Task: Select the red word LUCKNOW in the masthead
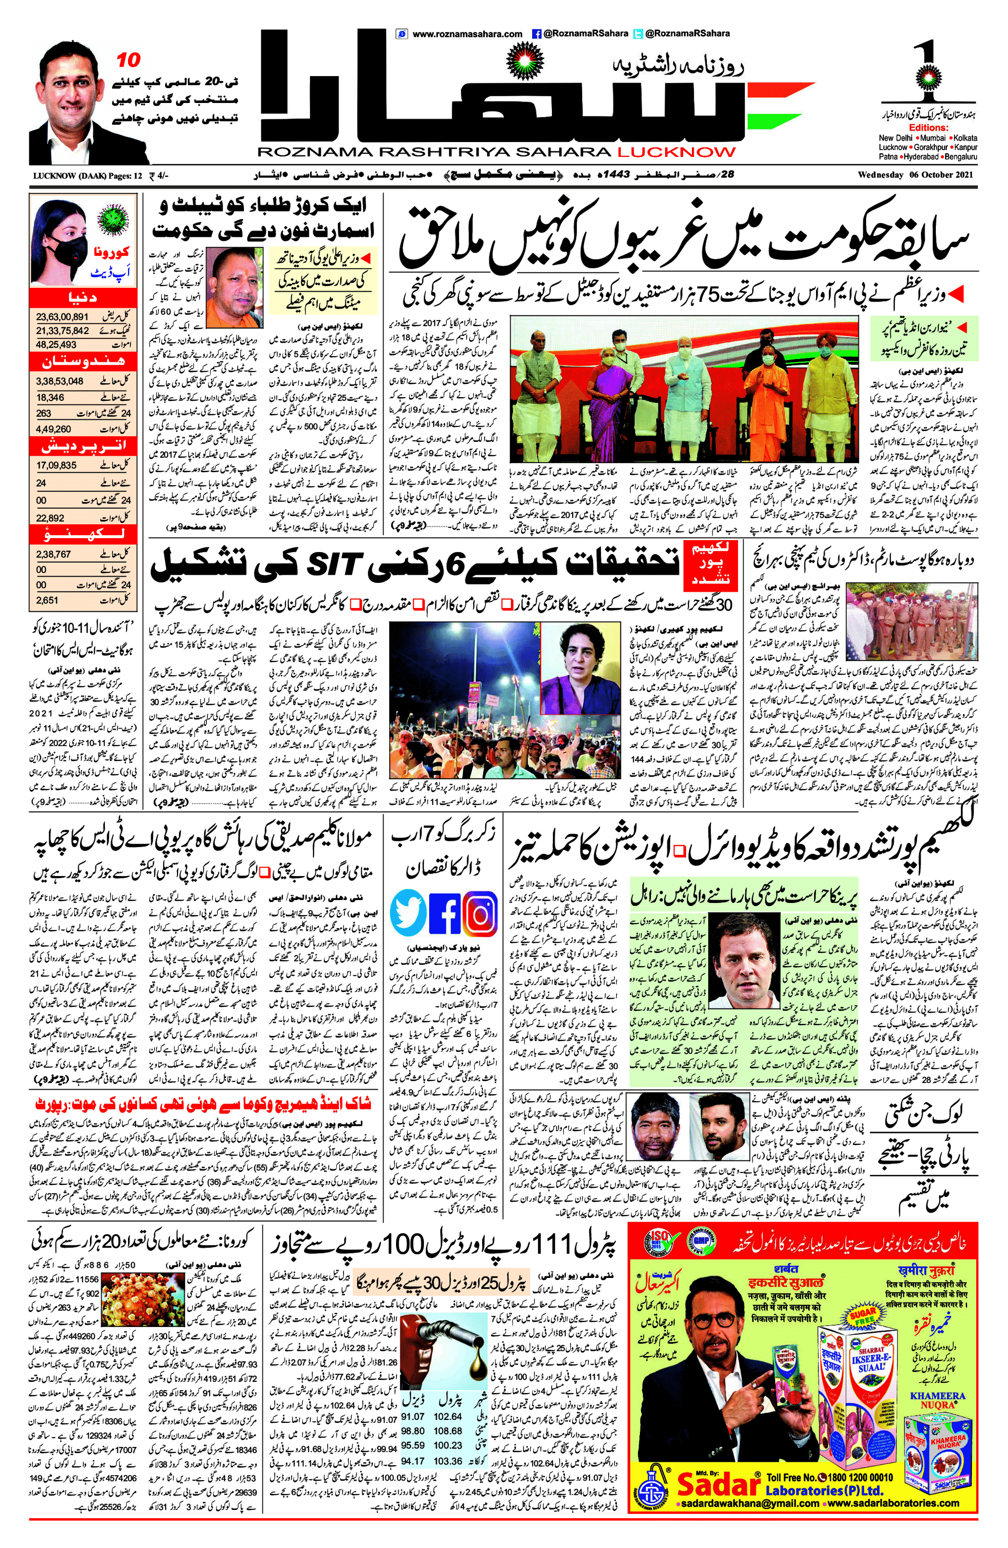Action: [676, 152]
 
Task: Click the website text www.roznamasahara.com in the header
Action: [467, 34]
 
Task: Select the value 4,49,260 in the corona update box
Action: [53, 428]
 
